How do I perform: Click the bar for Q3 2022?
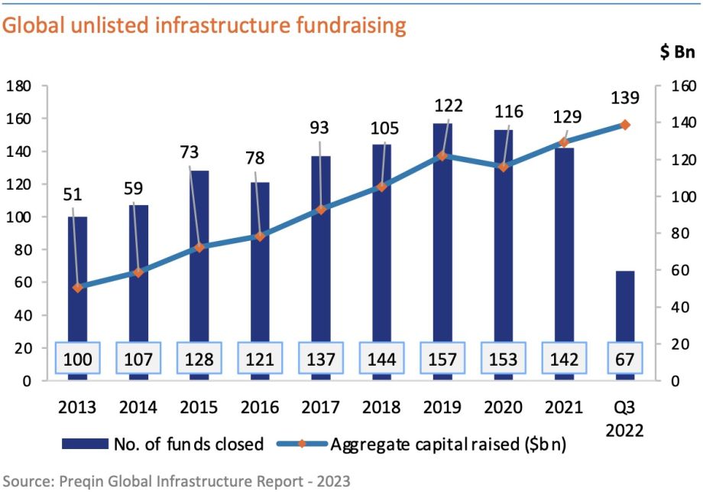pos(624,306)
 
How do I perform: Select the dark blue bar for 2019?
pos(441,230)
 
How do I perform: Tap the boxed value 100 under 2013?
pos(77,359)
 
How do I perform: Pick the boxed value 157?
pos(441,359)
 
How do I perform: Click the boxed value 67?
pos(624,359)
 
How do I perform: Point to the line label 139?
pos(624,98)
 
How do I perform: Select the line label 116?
pos(508,112)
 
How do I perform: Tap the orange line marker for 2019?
pos(441,156)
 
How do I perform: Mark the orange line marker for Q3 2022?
pos(624,125)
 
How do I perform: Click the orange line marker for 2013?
pos(77,287)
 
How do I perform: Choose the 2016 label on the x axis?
pos(260,406)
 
